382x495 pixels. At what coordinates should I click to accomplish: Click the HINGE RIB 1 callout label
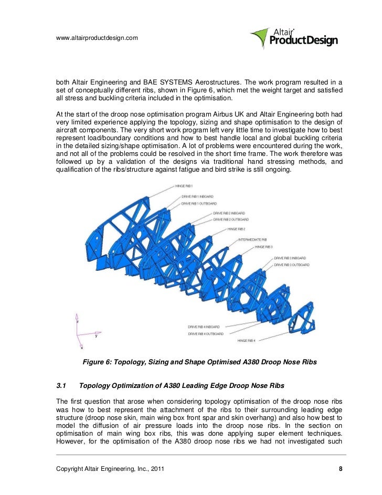(x=184, y=186)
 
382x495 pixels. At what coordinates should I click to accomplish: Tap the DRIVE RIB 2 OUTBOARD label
(x=231, y=219)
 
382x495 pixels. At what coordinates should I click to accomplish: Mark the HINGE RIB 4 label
(x=246, y=341)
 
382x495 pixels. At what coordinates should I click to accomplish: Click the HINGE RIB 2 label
(x=236, y=229)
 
